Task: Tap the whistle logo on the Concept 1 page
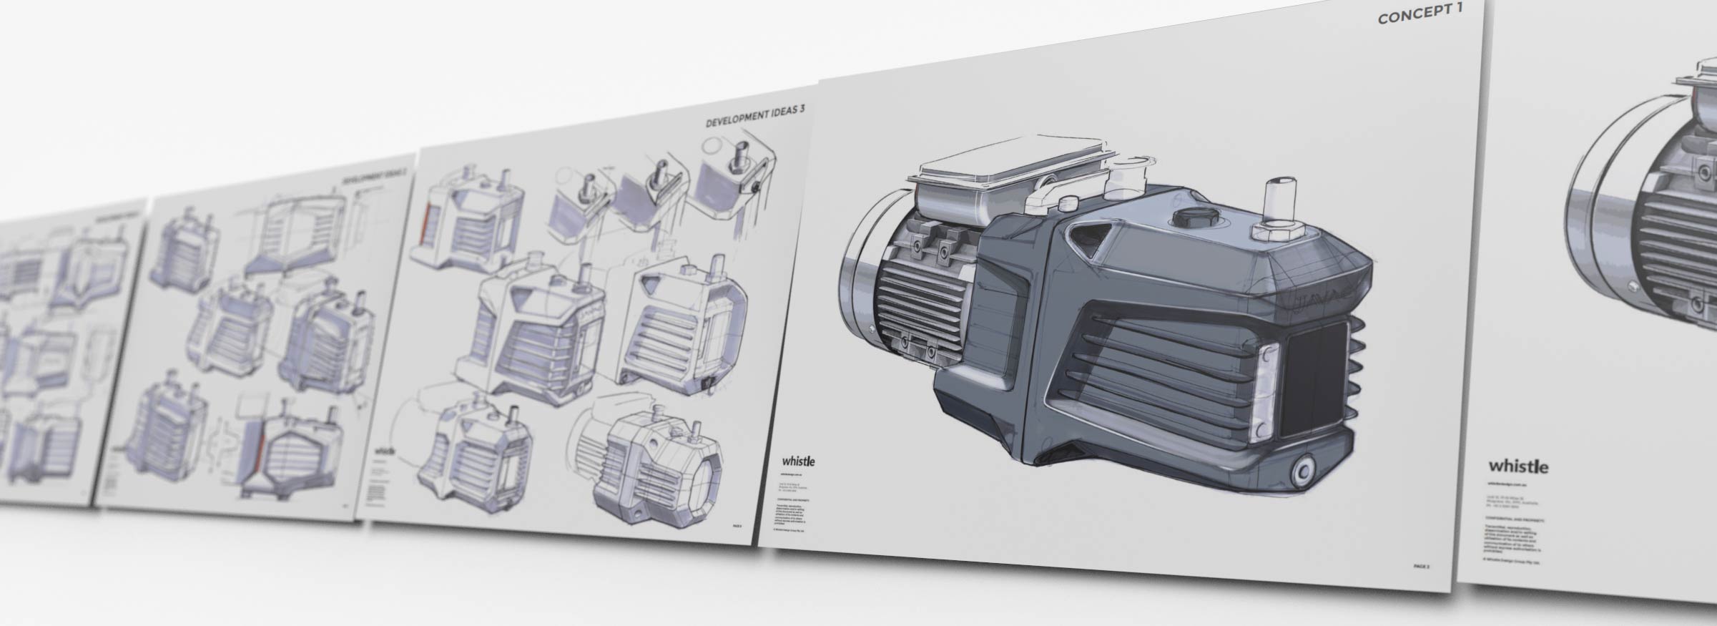tap(798, 461)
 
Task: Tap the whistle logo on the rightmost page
tap(1518, 466)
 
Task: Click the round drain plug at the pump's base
tap(1303, 471)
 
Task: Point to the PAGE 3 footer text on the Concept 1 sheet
tap(1421, 566)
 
